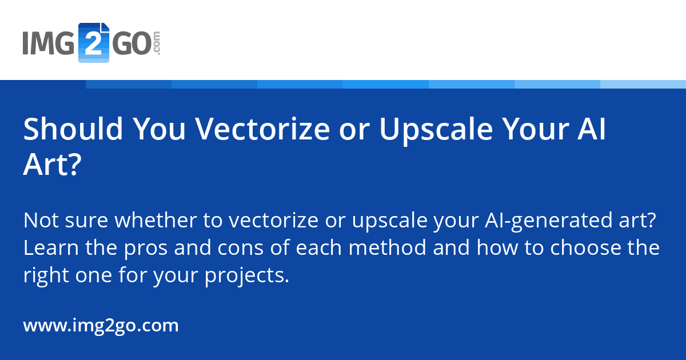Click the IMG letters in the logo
pyautogui.click(x=49, y=43)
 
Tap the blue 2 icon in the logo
pyautogui.click(x=94, y=42)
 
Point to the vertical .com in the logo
pyautogui.click(x=157, y=43)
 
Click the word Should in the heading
pyautogui.click(x=73, y=129)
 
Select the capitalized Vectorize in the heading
pyautogui.click(x=262, y=129)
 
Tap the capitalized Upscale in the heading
pyautogui.click(x=436, y=131)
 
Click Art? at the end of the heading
pyautogui.click(x=53, y=165)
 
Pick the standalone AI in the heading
pyautogui.click(x=591, y=129)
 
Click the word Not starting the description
pyautogui.click(x=41, y=220)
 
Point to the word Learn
pyautogui.click(x=51, y=247)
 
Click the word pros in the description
pyautogui.click(x=146, y=250)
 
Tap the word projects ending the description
pyautogui.click(x=247, y=277)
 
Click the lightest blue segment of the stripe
pyautogui.click(x=643, y=84)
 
